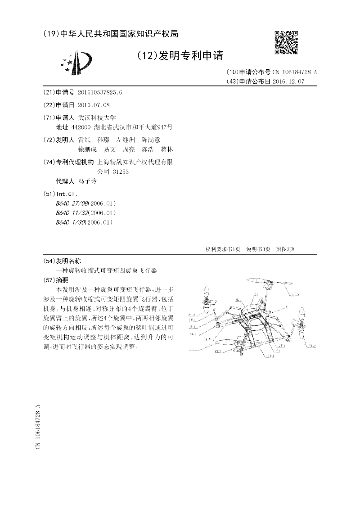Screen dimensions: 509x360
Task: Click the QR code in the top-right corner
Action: (x=286, y=42)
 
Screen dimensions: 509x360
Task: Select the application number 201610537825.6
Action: (x=100, y=92)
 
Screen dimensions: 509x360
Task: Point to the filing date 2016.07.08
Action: (x=94, y=105)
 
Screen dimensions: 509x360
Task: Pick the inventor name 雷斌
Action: (x=84, y=140)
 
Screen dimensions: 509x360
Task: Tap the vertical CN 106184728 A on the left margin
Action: (x=38, y=426)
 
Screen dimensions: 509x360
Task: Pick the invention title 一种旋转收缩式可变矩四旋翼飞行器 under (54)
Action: (x=106, y=270)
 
